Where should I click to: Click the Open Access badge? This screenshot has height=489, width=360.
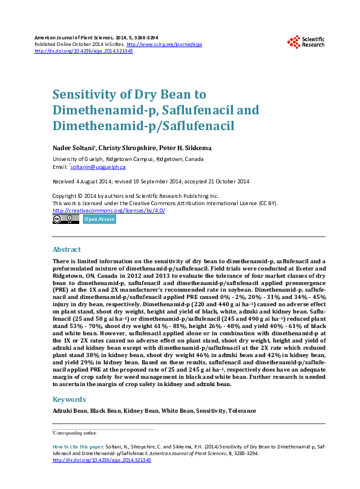click(99, 219)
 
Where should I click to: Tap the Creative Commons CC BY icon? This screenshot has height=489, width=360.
click(66, 219)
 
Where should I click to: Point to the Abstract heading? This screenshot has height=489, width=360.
click(67, 249)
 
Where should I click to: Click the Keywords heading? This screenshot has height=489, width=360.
click(69, 399)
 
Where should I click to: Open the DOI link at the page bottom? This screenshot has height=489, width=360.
click(102, 460)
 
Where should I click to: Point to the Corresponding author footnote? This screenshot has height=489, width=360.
click(75, 433)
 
